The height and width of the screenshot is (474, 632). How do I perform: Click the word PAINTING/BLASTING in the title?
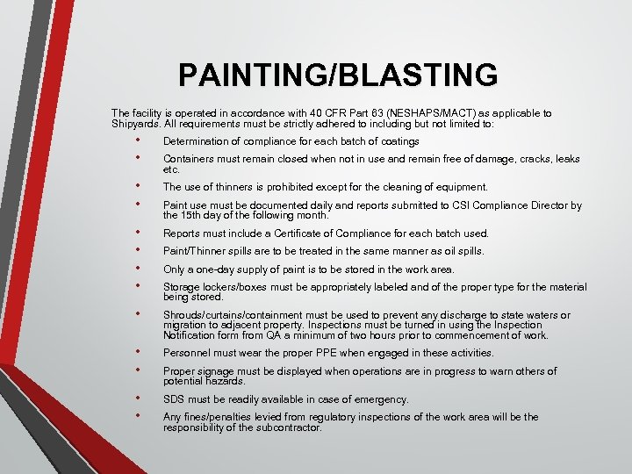coord(338,75)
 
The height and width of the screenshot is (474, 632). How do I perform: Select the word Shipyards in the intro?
coord(133,124)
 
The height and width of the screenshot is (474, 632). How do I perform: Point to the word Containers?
coord(188,159)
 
